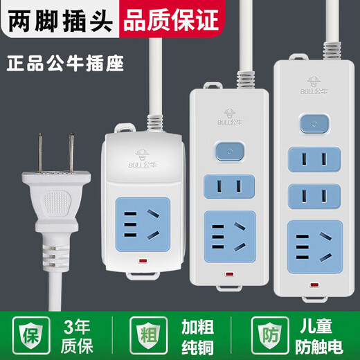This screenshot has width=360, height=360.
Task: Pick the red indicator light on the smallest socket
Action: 142,262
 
